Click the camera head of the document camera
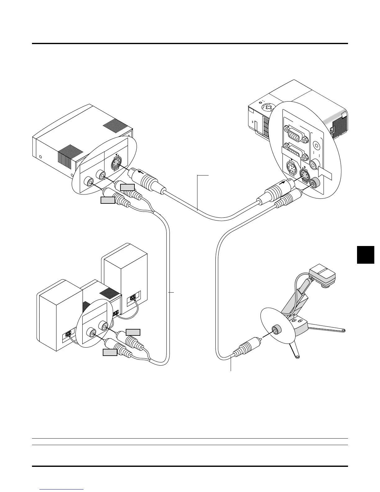(323, 274)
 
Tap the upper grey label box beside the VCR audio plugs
(128, 187)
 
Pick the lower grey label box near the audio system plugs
(110, 352)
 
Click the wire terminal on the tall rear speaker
(133, 297)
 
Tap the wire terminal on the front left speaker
(68, 335)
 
